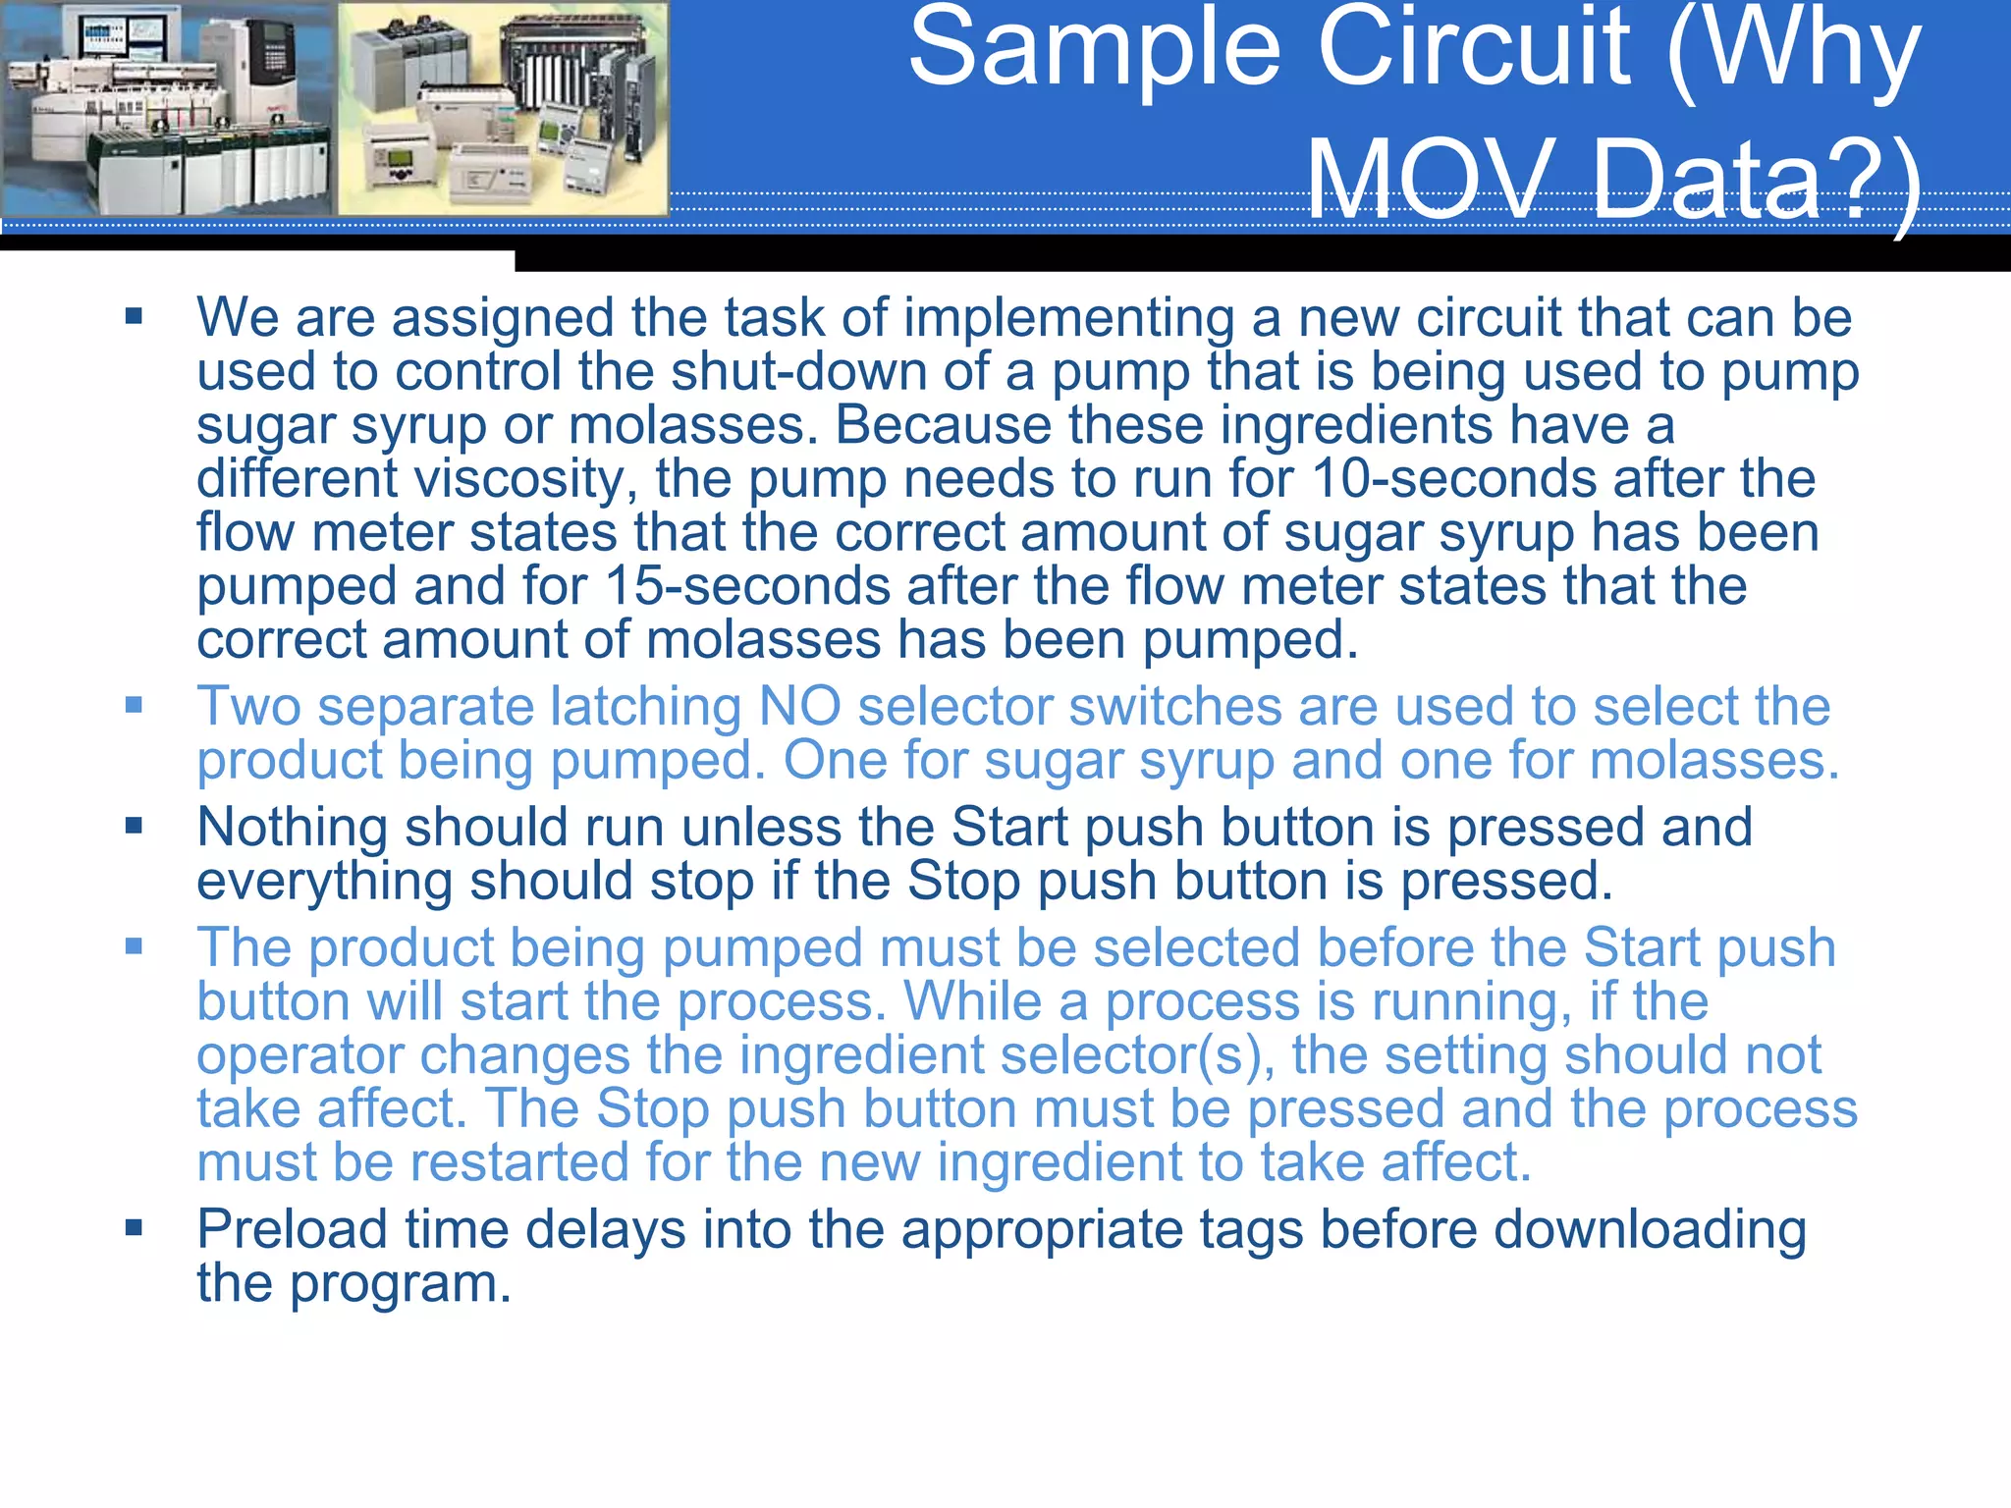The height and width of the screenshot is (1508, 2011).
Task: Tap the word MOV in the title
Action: click(x=1433, y=181)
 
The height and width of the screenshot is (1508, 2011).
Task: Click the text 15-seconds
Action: click(x=747, y=586)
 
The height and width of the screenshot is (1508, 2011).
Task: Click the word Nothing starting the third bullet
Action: click(x=292, y=828)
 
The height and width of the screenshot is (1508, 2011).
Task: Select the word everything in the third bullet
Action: click(x=324, y=882)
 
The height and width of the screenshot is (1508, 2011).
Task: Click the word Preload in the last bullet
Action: click(x=292, y=1229)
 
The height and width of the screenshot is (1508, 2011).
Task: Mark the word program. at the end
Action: click(x=400, y=1283)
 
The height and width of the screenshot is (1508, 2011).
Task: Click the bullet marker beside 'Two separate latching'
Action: click(x=135, y=705)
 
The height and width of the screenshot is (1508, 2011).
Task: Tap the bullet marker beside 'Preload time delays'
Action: click(x=135, y=1227)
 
